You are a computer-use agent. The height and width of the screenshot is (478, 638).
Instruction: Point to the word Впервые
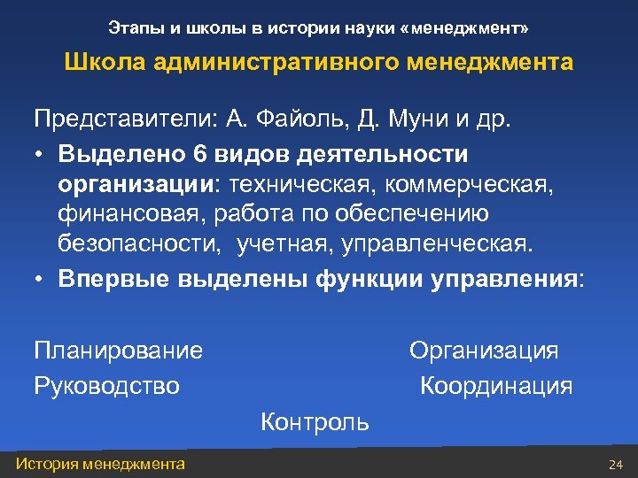click(113, 278)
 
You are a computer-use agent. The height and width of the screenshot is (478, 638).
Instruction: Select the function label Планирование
click(118, 351)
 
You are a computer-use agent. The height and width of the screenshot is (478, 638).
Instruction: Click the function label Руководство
click(106, 386)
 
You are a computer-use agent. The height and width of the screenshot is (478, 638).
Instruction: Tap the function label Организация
click(484, 351)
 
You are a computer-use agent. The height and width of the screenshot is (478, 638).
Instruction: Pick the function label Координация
click(496, 386)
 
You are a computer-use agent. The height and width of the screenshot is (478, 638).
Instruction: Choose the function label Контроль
click(315, 421)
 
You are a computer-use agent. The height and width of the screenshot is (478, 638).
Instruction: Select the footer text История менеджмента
click(100, 464)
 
